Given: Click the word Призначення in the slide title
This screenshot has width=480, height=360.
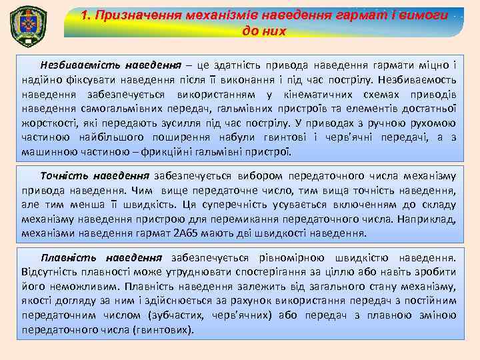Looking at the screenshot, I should (133, 15).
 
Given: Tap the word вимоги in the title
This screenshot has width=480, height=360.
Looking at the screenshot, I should (416, 15).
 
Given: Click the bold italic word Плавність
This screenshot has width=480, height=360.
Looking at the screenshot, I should (65, 257).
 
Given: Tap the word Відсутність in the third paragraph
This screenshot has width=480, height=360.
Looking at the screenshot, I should (51, 272).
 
